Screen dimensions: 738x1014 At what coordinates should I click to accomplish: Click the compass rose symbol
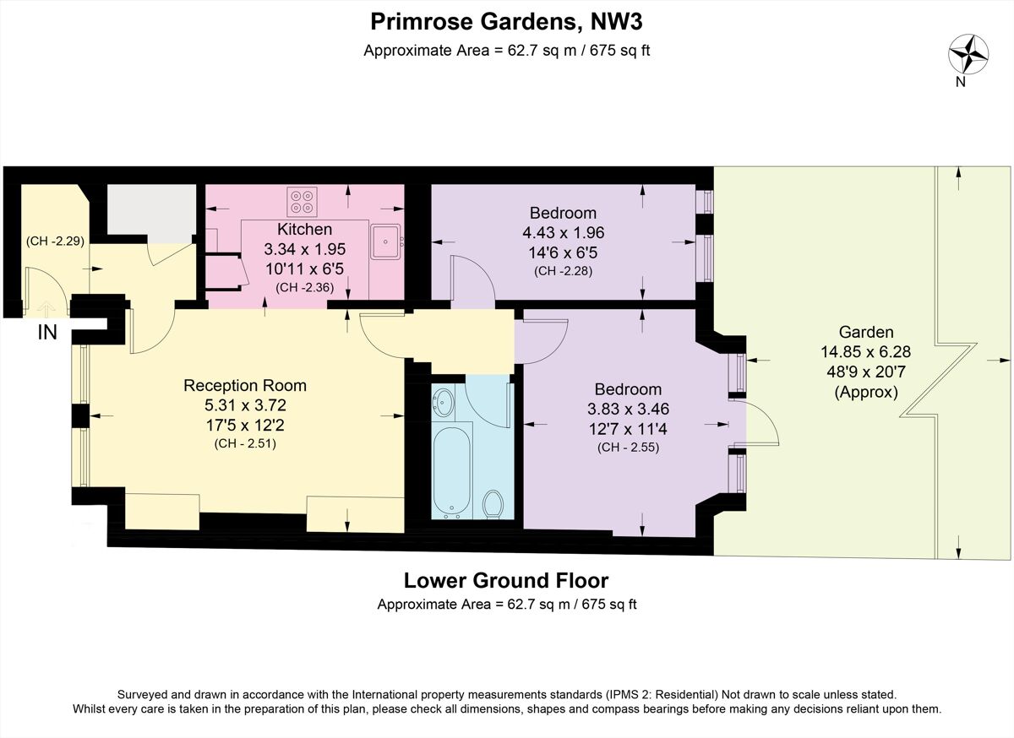tap(968, 55)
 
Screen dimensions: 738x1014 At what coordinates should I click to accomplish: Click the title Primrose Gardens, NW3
tap(506, 19)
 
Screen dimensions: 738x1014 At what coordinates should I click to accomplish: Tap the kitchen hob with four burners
tap(302, 202)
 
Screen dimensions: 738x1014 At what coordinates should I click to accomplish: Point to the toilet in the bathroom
tap(493, 505)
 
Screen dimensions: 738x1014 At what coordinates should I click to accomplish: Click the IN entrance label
tap(47, 333)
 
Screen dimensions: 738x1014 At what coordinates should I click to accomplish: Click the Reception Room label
tap(245, 386)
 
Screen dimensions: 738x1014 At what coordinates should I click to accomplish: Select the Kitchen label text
tap(304, 229)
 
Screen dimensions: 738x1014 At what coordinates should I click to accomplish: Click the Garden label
tap(866, 332)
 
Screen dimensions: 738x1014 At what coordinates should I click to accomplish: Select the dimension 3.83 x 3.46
tap(628, 409)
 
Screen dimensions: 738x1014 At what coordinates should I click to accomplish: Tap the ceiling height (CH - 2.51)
tap(245, 442)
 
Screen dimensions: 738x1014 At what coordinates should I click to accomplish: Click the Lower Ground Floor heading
tap(506, 581)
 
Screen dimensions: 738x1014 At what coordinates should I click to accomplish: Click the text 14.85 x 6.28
tap(866, 352)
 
